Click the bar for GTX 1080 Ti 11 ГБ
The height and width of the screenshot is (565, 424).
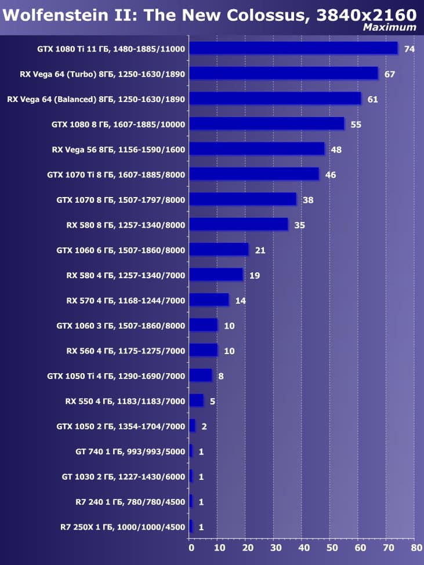293,48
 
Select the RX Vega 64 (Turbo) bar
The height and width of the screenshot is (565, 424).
283,74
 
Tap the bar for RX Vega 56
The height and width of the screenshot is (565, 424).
256,149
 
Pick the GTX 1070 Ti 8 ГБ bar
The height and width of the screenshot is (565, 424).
253,174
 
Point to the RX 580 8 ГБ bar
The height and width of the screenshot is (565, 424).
238,224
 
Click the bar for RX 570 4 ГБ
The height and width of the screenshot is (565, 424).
209,300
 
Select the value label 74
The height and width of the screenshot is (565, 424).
409,49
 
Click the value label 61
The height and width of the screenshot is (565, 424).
372,99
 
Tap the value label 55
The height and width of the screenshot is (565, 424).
356,124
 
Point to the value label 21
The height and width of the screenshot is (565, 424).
260,250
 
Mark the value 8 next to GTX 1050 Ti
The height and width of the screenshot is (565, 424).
220,376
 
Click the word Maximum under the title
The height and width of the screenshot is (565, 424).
389,27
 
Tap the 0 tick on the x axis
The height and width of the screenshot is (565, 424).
190,547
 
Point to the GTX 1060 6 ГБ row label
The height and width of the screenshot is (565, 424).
121,250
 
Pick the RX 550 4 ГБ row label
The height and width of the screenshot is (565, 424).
125,401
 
